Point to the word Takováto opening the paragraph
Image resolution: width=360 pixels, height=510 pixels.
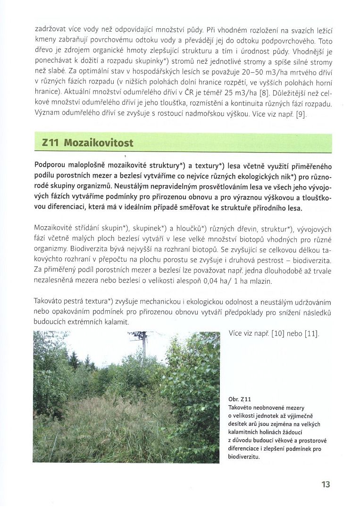51,300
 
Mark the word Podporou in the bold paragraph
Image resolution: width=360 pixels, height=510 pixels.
51,166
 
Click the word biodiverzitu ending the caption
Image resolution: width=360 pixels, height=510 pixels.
243,456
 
